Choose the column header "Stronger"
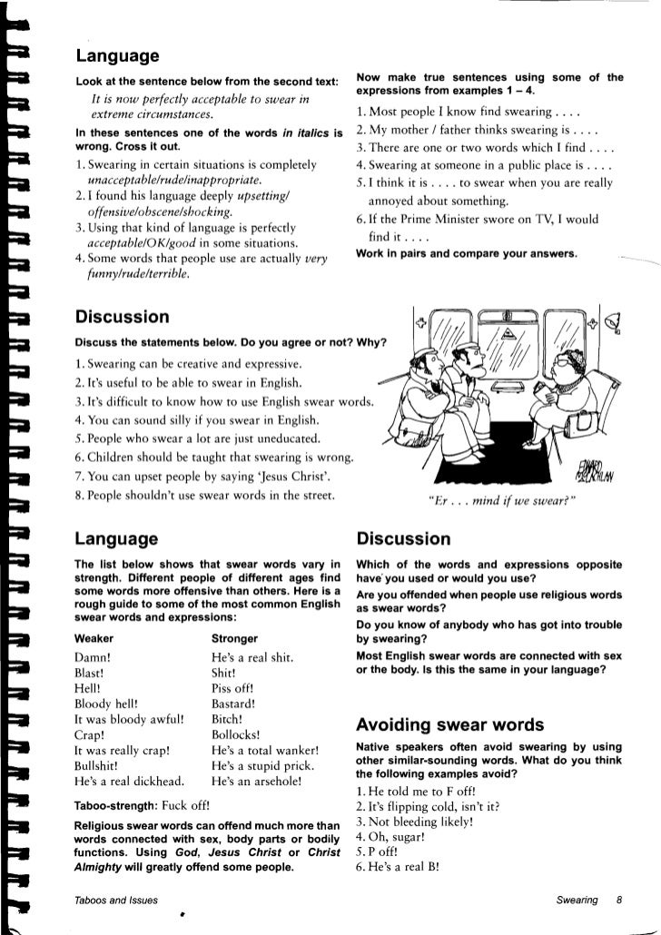pyautogui.click(x=234, y=637)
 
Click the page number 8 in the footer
pyautogui.click(x=618, y=900)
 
